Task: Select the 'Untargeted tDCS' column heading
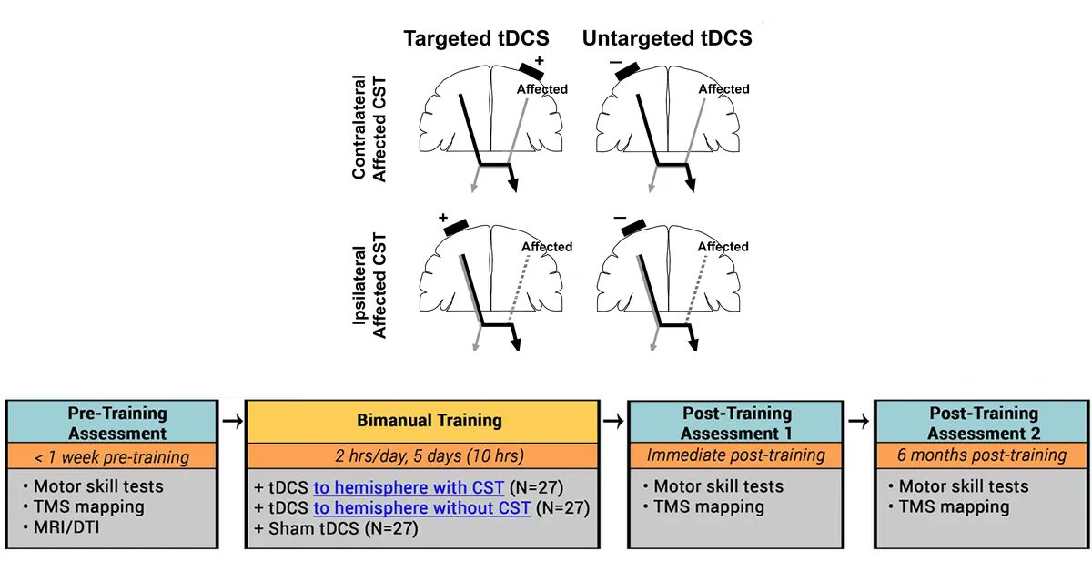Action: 667,39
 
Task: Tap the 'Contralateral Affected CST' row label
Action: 369,128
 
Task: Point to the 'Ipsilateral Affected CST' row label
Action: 369,285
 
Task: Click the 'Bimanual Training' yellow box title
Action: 422,421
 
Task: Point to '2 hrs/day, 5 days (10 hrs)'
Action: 422,455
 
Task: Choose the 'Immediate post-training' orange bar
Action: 736,455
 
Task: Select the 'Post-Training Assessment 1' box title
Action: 736,424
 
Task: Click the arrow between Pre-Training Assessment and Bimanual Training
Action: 232,421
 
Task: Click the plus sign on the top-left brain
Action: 540,60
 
